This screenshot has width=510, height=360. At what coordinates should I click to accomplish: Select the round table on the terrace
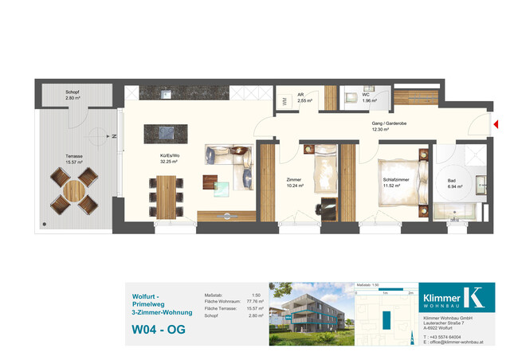point(74,192)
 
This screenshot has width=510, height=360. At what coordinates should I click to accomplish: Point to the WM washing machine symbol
point(284,101)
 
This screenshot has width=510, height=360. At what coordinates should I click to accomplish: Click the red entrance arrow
point(496,123)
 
